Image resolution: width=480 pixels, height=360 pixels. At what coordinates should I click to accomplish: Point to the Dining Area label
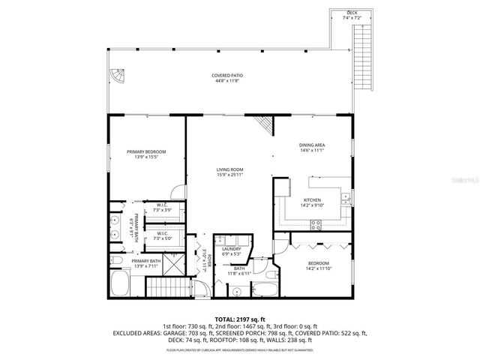pos(312,145)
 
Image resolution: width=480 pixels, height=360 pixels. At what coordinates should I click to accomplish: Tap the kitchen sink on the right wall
pos(346,198)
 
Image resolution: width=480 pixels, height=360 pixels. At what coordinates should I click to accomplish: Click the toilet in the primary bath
pos(118,260)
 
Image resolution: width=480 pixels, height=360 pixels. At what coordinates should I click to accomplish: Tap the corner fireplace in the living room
pos(262,124)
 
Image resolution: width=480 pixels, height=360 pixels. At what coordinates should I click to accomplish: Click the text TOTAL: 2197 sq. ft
pos(240,319)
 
